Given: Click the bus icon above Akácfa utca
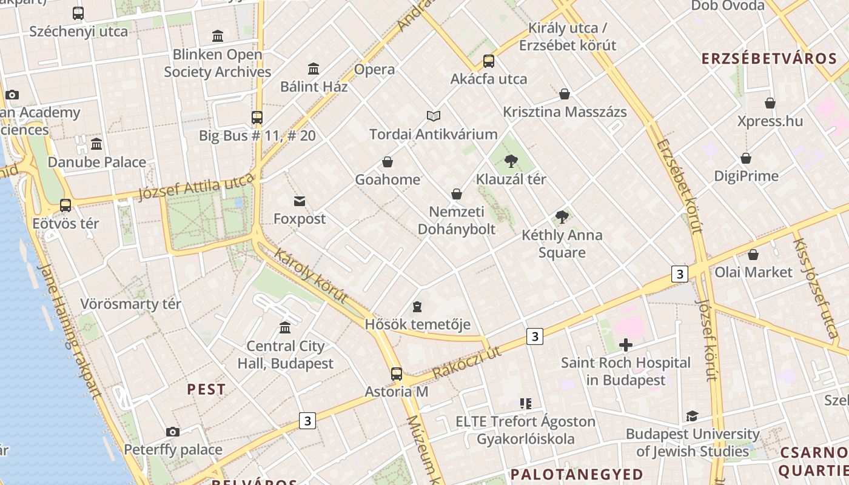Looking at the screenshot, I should [489, 61].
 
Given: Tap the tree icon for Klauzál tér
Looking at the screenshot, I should [511, 161].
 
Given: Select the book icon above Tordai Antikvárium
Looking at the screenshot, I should [434, 116].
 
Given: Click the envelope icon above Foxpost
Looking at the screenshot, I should [300, 201].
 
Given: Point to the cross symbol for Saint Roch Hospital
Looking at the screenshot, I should [626, 346].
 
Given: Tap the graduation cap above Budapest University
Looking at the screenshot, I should [692, 416].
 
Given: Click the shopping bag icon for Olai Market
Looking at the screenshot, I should [753, 255].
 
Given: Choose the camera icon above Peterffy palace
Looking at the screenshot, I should [173, 432].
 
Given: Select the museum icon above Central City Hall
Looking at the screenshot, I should [285, 328].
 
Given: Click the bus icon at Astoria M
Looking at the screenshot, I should [397, 374].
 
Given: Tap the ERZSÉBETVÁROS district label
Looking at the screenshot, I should [769, 59].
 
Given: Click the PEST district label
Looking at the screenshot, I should [206, 390].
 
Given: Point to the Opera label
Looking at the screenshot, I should [375, 69].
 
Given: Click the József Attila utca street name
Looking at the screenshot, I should [195, 186].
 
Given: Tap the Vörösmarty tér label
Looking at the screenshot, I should [131, 304].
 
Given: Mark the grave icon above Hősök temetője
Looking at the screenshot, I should [417, 307].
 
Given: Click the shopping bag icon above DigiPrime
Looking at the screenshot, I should [746, 158].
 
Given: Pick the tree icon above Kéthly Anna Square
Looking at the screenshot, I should [562, 217].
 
